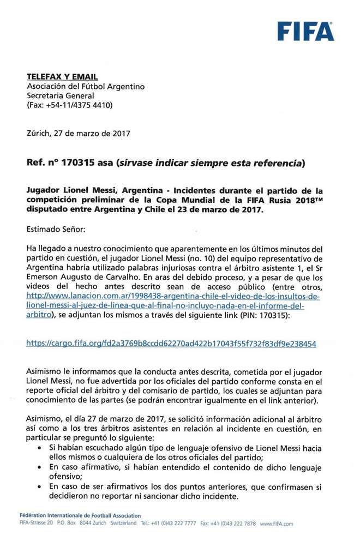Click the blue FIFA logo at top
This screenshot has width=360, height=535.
[305, 31]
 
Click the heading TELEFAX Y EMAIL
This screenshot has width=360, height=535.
[63, 77]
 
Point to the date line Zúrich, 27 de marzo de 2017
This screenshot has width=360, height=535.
[79, 133]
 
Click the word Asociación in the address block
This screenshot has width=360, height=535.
[49, 87]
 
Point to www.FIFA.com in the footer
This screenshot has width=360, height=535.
[276, 524]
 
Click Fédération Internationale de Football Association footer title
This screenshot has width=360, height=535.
[79, 515]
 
